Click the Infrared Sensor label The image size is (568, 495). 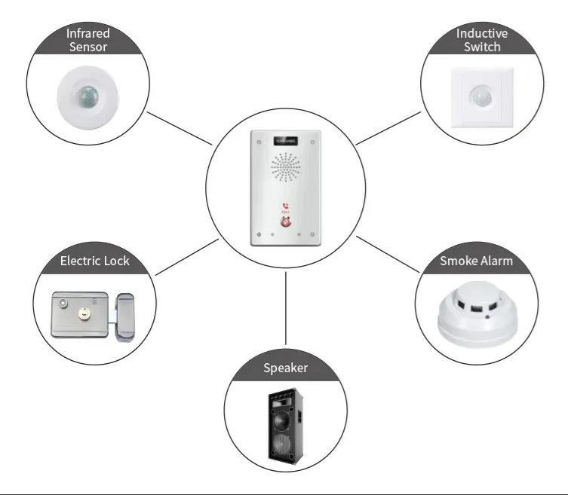click(x=88, y=40)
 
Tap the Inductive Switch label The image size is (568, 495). click(x=482, y=40)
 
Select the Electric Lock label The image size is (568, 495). click(x=94, y=261)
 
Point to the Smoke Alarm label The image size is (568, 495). click(x=477, y=261)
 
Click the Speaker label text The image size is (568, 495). click(x=285, y=368)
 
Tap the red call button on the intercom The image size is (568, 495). click(x=286, y=222)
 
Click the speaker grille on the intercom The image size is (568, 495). click(x=286, y=167)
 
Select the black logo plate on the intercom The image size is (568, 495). click(x=286, y=141)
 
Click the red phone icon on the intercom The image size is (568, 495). click(x=285, y=206)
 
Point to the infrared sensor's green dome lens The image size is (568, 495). click(x=87, y=97)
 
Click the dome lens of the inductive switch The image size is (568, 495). click(x=481, y=96)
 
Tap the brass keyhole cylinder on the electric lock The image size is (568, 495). click(x=84, y=313)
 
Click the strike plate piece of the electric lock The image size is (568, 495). click(x=125, y=317)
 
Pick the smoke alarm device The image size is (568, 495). click(x=477, y=314)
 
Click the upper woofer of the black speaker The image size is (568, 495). click(x=282, y=420)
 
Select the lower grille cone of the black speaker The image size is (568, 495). click(x=281, y=445)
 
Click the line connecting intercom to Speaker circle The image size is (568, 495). click(x=285, y=309)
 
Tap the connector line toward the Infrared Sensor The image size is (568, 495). click(x=180, y=128)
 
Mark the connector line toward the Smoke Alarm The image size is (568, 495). click(x=388, y=254)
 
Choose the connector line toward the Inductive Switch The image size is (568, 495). click(x=388, y=128)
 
